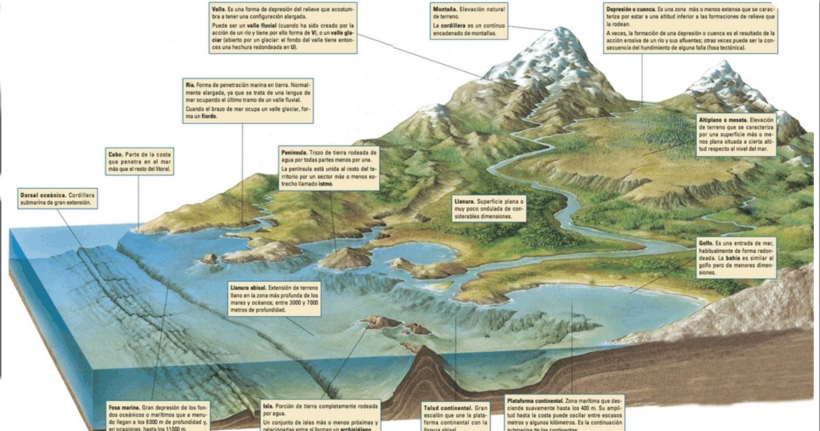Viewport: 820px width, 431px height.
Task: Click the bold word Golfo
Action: [706, 244]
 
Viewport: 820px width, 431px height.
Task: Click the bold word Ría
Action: [190, 83]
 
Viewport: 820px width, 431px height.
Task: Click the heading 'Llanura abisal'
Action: [249, 287]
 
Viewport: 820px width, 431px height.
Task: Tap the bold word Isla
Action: [268, 406]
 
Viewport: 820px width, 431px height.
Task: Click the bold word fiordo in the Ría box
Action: [207, 117]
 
